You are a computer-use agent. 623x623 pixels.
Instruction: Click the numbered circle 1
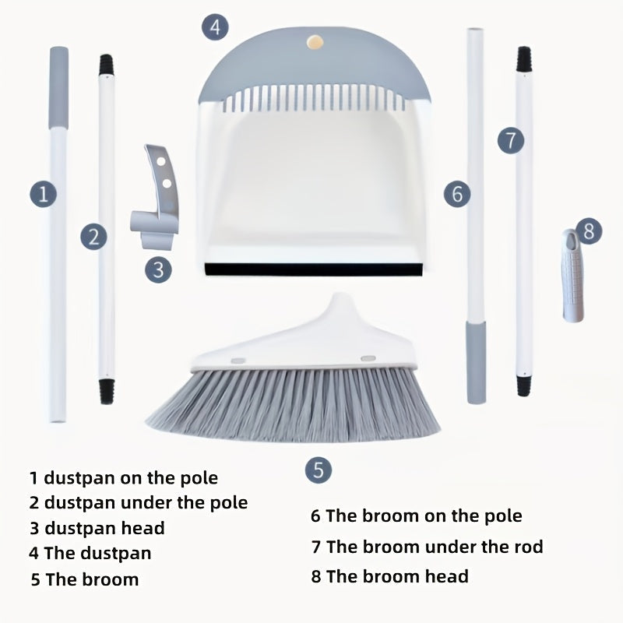coord(44,193)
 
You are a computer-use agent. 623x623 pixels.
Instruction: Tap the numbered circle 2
coord(93,237)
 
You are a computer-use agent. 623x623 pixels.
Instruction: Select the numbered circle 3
coord(158,269)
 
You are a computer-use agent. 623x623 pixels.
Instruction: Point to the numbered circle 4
coord(215,27)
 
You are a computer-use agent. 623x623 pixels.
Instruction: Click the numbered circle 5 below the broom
coord(319,470)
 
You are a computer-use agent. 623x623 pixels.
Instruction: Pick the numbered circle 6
coord(457,194)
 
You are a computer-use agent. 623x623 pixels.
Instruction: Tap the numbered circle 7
coord(511,140)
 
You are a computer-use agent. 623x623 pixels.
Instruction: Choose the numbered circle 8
coord(589,231)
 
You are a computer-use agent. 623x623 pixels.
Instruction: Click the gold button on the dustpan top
coord(315,43)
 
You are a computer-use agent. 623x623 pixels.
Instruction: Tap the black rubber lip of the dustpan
coord(314,269)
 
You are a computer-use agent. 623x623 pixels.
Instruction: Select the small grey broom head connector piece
coord(573,276)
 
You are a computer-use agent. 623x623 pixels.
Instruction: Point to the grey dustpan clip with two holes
coord(155,197)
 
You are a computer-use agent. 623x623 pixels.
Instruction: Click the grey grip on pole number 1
coord(59,88)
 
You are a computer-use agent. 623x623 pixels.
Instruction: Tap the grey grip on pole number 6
coord(476,363)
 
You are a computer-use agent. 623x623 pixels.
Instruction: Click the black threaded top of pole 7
coord(523,60)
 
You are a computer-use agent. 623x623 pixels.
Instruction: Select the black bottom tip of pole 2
coord(107,392)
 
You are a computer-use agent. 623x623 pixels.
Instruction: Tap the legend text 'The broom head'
coord(397,576)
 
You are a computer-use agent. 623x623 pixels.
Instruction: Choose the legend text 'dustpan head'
coord(104,528)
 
